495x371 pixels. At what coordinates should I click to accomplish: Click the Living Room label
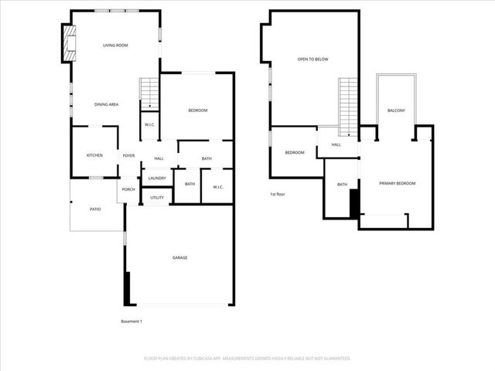coord(115,46)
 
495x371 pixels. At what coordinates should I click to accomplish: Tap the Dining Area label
coord(106,104)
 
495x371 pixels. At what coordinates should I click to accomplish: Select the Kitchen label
coord(94,155)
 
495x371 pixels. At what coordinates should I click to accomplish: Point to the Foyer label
coord(128,155)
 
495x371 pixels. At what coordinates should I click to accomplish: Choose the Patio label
coord(95,209)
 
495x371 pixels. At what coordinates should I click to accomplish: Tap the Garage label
coord(179,257)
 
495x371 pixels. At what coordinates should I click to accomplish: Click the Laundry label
coord(157,179)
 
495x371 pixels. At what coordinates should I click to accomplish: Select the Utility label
coord(157,198)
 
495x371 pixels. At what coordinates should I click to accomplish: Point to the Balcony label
coord(396,111)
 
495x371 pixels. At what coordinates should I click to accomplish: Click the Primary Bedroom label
coord(397,183)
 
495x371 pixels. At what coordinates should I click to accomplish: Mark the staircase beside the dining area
coord(148,93)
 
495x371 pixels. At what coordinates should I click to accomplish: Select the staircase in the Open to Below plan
coord(348,106)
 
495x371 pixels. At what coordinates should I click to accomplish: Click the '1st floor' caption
coord(278,194)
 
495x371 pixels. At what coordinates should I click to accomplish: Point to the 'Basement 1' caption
coord(131,321)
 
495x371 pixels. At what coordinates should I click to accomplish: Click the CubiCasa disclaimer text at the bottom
coord(247,358)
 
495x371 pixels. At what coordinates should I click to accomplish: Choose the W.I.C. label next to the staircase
coord(148,125)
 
